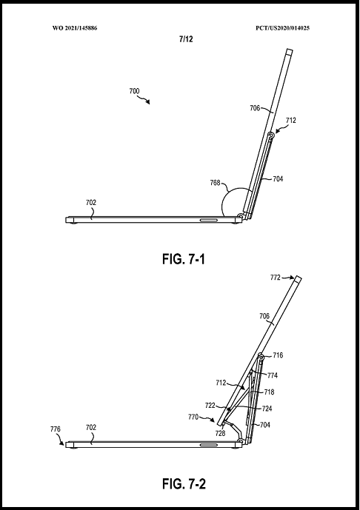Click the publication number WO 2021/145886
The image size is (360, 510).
point(75,28)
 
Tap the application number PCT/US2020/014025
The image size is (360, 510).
point(282,28)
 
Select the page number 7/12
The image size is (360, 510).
point(186,39)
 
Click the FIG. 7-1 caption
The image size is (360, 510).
point(184,259)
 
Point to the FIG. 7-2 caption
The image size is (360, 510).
point(184,484)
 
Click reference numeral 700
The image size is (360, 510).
point(134,91)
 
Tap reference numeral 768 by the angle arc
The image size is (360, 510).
point(215,183)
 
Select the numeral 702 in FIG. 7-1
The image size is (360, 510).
point(91,202)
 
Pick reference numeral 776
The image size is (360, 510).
point(56,429)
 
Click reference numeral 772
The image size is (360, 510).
point(275,278)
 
